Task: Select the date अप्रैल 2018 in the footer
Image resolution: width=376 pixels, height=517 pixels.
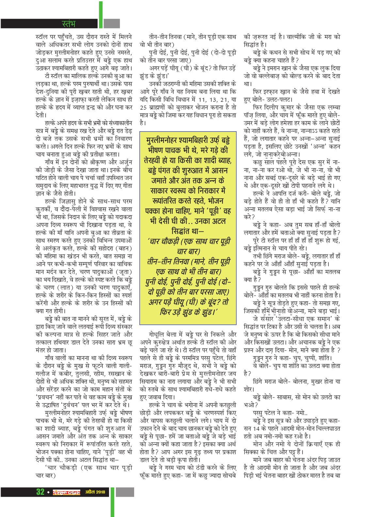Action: click(x=95, y=492)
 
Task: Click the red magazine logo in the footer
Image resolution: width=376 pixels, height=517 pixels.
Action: click(x=67, y=492)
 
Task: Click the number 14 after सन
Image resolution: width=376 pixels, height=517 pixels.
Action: click(x=259, y=429)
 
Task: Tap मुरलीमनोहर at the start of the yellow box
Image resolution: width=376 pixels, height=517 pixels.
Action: click(x=162, y=141)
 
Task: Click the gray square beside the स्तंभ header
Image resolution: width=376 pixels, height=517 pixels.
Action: click(x=112, y=23)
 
